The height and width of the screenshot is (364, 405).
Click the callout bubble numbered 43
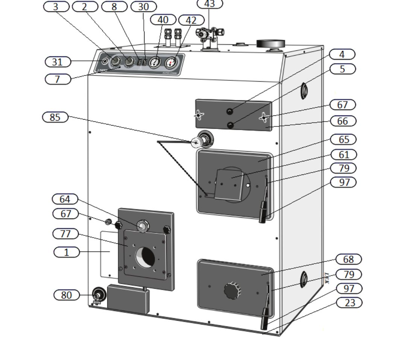pos(210,4)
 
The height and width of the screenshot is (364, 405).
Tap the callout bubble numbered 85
pos(55,117)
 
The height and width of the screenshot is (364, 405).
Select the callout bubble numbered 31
pos(58,62)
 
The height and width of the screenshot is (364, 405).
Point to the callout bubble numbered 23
pos(349,302)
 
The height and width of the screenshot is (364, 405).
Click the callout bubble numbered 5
pos(342,69)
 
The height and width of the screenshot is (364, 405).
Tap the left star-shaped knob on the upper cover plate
pos(199,115)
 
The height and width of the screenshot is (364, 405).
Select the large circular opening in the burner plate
pos(145,258)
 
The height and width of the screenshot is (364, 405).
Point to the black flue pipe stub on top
pos(271,44)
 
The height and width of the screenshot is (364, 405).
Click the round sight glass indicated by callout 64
pos(142,226)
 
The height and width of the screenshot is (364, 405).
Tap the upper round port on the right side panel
pos(303,91)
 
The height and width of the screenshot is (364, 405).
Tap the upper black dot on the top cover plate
pos(230,111)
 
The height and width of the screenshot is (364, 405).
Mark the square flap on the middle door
pos(228,185)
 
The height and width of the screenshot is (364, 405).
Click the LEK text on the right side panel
pos(326,278)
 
